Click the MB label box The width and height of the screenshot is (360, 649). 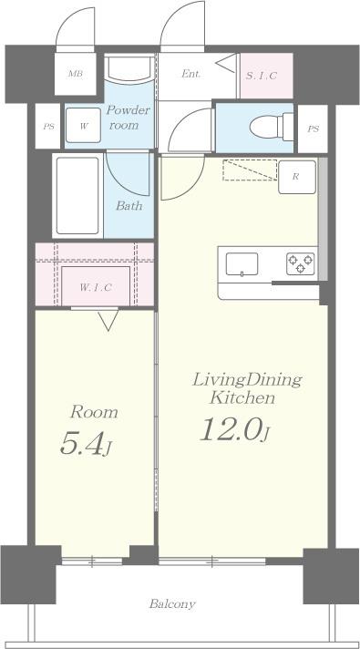[x=76, y=74]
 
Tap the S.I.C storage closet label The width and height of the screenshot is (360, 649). [x=262, y=76]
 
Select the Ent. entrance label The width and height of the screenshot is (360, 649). [x=191, y=74]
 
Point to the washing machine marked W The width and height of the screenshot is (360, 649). [x=83, y=125]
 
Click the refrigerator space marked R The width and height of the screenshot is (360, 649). [x=297, y=177]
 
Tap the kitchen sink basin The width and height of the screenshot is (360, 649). [x=242, y=264]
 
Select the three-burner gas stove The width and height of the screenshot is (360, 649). [x=301, y=264]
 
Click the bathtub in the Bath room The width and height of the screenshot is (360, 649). [x=77, y=195]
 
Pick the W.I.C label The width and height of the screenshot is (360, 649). [x=96, y=287]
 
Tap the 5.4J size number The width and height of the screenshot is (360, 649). [x=86, y=444]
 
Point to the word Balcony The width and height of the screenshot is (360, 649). [x=172, y=603]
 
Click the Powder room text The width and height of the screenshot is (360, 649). [x=129, y=118]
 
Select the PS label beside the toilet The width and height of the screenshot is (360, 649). [x=314, y=129]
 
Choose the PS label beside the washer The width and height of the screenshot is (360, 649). [x=49, y=126]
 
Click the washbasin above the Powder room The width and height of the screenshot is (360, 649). [x=129, y=68]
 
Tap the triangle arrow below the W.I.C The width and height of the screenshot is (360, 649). [x=108, y=320]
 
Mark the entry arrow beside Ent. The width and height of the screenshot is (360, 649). [x=226, y=63]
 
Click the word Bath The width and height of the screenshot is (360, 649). [x=129, y=205]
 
